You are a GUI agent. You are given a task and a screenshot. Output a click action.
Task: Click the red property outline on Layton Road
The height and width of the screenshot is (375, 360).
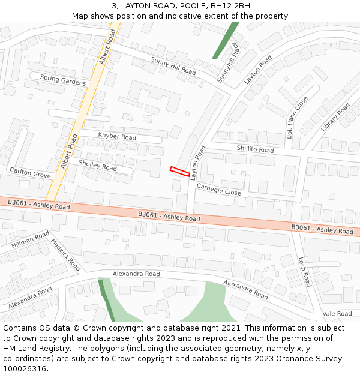(179, 171)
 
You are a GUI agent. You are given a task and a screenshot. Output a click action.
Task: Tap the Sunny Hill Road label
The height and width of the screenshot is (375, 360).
(173, 66)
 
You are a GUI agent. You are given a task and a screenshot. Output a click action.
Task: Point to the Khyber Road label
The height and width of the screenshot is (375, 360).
(117, 136)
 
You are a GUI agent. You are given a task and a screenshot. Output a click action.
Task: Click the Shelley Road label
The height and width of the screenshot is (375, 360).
(97, 164)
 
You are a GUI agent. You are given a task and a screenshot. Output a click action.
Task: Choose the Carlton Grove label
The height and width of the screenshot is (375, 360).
(30, 173)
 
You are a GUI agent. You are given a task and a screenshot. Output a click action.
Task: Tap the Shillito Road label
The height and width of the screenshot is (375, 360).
(254, 149)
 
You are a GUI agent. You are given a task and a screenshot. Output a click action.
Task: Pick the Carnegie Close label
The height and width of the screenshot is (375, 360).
(218, 190)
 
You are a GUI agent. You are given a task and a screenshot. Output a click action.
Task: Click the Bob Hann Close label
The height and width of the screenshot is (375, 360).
(297, 118)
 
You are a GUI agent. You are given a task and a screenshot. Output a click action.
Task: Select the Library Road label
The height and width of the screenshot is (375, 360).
(335, 118)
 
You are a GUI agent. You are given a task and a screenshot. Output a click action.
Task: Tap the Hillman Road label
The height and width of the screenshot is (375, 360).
(30, 240)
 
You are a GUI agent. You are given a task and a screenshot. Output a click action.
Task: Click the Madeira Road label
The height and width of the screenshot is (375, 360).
(65, 254)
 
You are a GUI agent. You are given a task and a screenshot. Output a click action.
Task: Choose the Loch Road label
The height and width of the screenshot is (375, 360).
(305, 271)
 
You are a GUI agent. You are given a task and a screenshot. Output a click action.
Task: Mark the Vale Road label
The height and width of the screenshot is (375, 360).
(337, 313)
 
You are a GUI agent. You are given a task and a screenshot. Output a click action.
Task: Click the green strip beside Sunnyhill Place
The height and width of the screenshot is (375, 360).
(225, 40)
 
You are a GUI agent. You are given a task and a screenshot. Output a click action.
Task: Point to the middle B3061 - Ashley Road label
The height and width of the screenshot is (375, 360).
(169, 216)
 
